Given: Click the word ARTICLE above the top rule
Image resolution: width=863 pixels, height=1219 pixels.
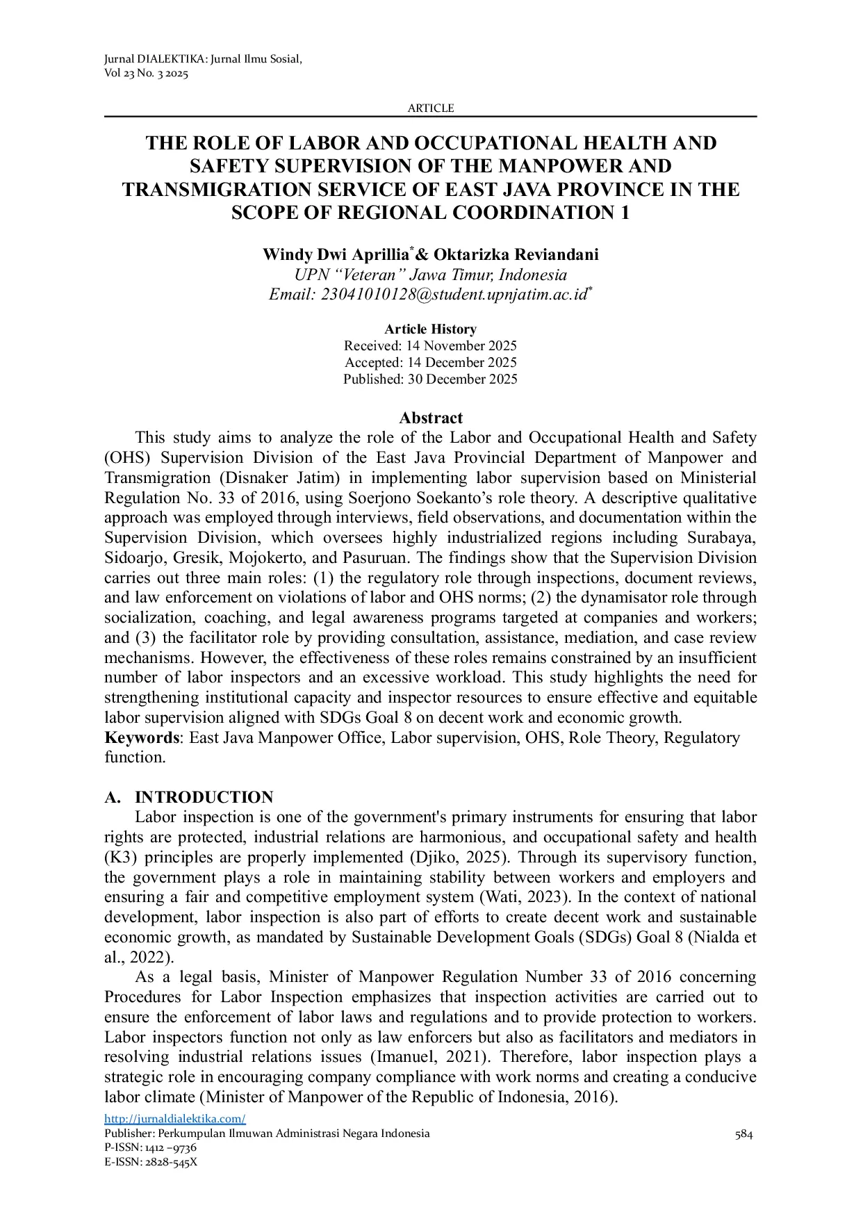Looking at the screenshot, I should [430, 108].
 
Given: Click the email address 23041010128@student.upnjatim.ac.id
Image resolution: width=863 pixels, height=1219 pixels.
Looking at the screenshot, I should [455, 295].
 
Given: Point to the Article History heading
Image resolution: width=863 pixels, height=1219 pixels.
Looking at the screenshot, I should [430, 329].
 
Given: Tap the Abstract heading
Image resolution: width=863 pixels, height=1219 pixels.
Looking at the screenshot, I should [430, 418].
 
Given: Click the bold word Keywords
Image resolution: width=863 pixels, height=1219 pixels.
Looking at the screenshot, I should [142, 738].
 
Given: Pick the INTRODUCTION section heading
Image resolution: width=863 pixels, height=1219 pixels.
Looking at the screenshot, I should [204, 797].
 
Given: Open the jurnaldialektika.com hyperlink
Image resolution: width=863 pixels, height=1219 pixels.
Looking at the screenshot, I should [175, 1119].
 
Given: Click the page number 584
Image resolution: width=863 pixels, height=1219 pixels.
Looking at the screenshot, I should [743, 1134].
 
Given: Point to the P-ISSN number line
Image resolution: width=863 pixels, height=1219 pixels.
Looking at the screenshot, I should [150, 1148].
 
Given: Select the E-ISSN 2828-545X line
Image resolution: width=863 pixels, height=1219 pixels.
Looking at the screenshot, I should [151, 1162].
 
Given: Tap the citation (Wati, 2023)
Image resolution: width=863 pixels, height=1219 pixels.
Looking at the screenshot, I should [516, 897].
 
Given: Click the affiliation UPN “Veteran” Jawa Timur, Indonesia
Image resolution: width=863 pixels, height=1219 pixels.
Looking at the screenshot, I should [430, 275].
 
